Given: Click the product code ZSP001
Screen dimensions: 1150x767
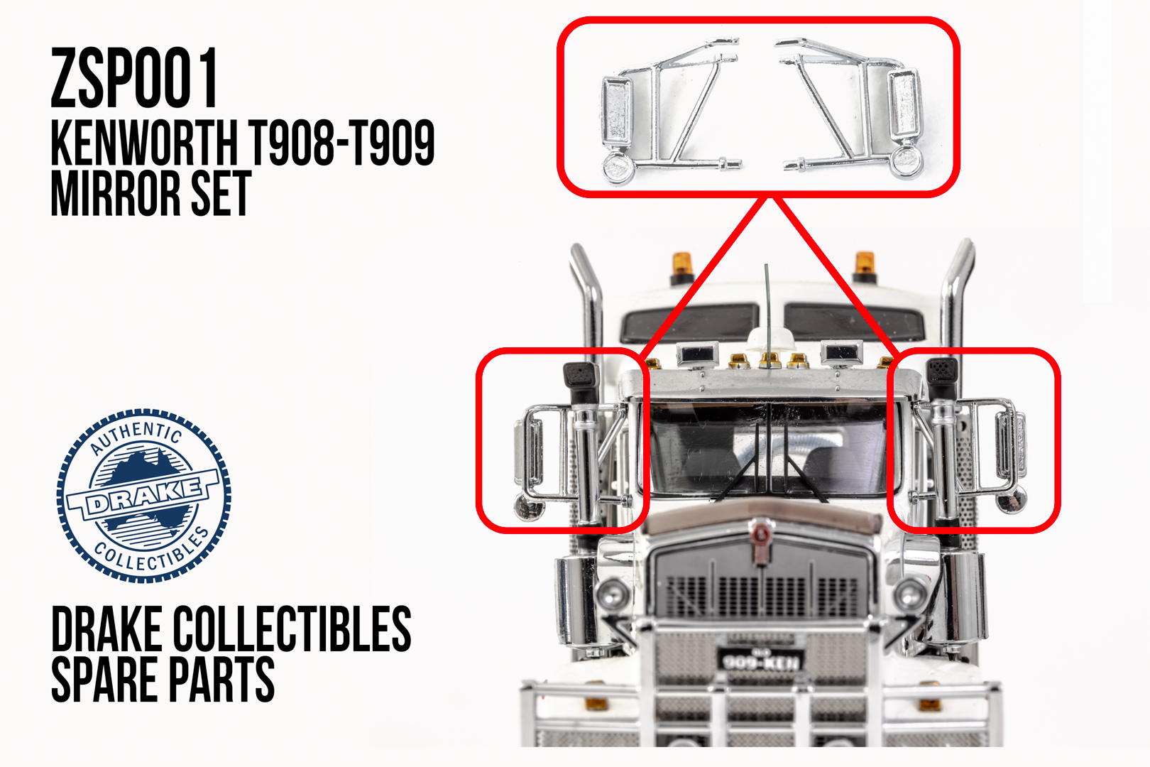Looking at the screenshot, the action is pos(134,77).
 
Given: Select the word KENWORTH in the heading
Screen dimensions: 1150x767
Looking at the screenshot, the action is pos(144,143).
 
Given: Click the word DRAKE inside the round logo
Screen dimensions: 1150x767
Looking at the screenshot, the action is pos(143,496).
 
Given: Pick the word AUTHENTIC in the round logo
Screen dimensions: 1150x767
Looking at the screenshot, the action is pos(136,436).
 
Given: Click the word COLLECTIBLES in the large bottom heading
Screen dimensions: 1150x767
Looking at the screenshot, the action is pos(292,629).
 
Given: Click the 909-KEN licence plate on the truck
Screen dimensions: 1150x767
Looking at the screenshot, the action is pos(760,660).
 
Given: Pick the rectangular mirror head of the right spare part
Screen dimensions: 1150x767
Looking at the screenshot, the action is pos(904,104).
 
